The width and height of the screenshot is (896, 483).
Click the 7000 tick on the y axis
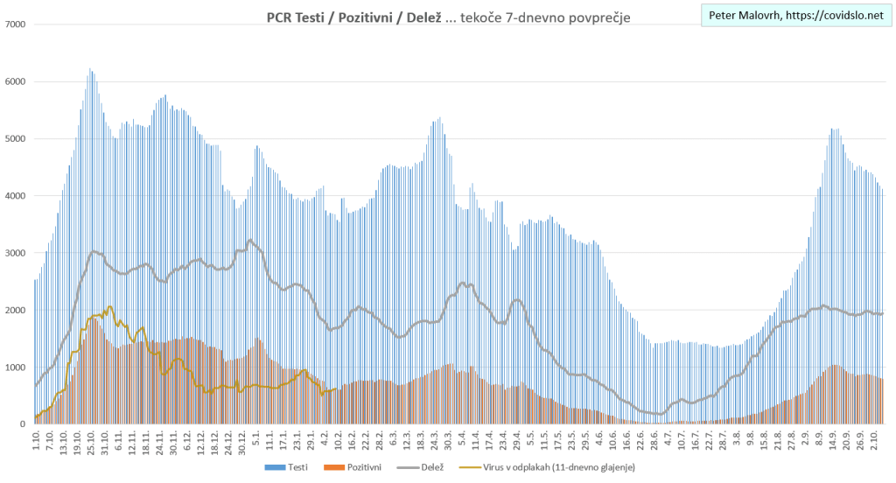[x=14, y=24]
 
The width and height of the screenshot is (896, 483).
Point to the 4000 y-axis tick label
[x=14, y=195]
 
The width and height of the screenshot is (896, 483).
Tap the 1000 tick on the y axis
[x=14, y=367]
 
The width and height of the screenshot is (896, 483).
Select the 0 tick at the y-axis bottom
[x=22, y=423]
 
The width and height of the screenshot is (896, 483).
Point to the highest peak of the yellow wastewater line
[x=109, y=306]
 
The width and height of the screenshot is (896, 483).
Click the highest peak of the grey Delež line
[x=250, y=240]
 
